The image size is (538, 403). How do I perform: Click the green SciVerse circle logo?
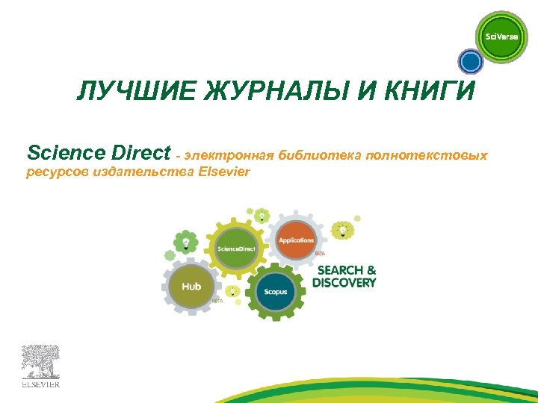click(x=501, y=37)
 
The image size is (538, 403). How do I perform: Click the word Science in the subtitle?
click(x=61, y=154)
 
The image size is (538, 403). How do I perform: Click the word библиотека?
click(x=321, y=155)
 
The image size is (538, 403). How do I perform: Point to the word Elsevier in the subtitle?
click(x=224, y=172)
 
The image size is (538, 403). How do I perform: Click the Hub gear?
click(x=190, y=286)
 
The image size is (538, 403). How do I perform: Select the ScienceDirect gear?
click(x=236, y=248)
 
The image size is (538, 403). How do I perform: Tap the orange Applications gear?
click(x=297, y=240)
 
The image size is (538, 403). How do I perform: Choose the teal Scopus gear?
click(x=275, y=291)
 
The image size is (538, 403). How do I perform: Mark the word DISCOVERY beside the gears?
click(x=344, y=283)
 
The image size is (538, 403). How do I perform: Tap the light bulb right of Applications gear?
click(x=343, y=229)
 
